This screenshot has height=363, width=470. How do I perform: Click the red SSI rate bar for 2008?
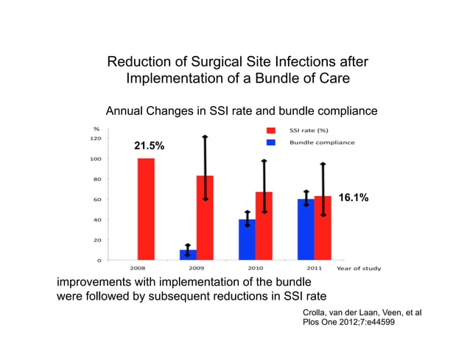point(146,209)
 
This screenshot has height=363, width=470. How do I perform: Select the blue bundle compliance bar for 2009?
point(188,255)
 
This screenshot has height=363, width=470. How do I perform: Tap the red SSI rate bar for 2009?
point(205,217)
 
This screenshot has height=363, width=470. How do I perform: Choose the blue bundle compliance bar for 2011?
point(306,229)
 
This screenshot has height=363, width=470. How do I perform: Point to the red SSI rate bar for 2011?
point(323,228)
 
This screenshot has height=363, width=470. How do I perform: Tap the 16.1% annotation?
point(353,198)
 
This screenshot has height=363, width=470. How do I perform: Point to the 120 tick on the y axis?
point(96,138)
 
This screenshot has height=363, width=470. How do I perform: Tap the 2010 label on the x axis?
point(255,269)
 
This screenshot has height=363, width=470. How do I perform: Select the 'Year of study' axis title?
point(359,269)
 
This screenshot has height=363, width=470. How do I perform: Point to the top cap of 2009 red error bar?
point(205,137)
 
